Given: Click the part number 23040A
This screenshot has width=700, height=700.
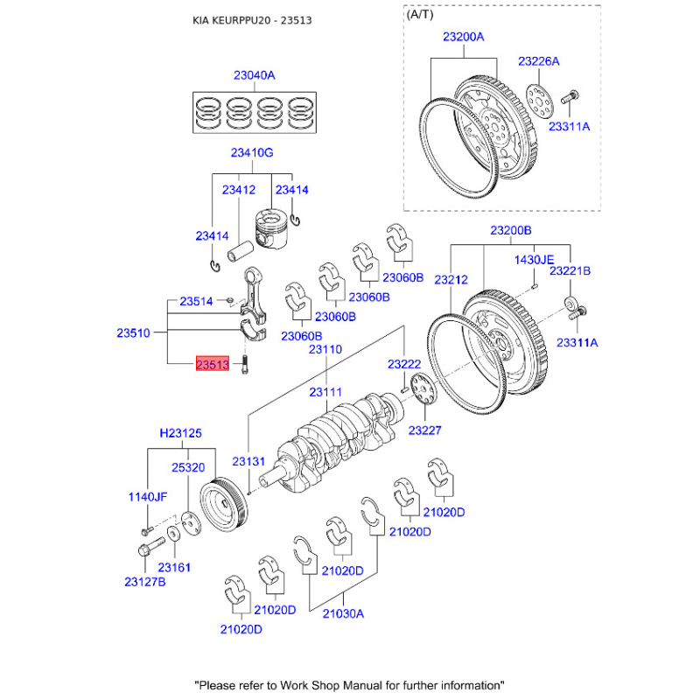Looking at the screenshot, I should [x=254, y=75].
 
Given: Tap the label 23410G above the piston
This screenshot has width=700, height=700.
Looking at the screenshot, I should [x=252, y=153].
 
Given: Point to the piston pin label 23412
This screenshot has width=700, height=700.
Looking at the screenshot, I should [x=238, y=190].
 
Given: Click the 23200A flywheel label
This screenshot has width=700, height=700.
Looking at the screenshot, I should [x=463, y=38].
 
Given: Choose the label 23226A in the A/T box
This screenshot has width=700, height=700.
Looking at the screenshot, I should [x=538, y=61].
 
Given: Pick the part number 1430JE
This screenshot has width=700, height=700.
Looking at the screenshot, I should [x=534, y=260].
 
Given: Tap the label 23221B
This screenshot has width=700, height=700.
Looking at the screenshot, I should [x=570, y=271].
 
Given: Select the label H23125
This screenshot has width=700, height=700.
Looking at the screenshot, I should [x=180, y=432].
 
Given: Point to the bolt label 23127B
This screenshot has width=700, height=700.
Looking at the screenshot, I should [x=144, y=582].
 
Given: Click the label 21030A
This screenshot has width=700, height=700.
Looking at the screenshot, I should [x=343, y=613].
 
